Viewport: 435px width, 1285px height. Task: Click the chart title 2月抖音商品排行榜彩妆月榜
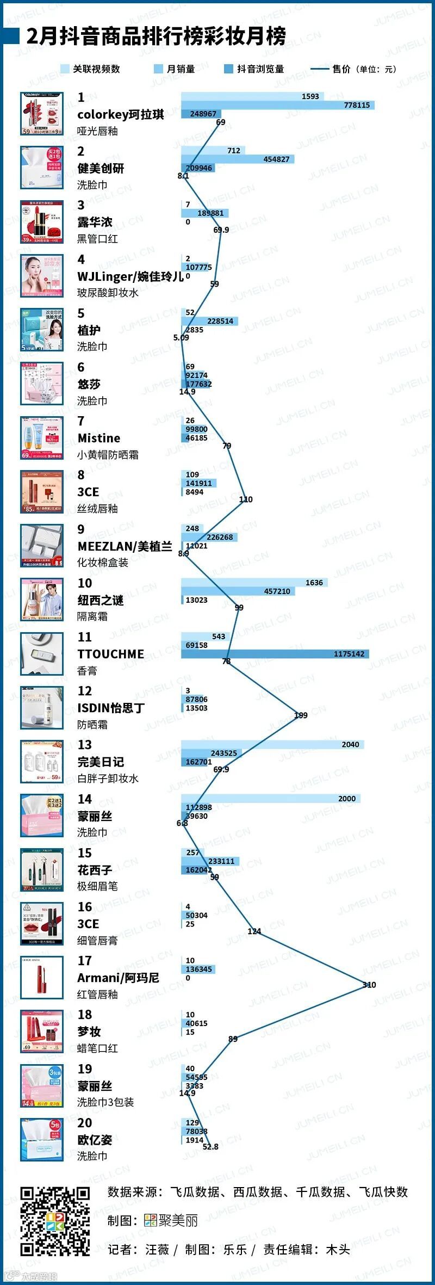coord(156,36)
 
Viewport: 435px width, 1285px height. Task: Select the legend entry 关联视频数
coord(90,69)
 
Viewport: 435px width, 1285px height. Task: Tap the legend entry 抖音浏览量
coord(254,69)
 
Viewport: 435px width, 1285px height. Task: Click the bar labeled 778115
coord(277,105)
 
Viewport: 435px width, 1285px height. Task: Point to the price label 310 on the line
coord(369,985)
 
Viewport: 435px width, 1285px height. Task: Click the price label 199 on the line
coord(301,715)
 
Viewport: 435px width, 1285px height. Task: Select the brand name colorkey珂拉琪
coord(120,114)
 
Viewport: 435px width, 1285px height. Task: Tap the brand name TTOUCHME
coord(110,654)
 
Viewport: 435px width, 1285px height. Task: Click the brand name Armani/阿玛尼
coord(118,978)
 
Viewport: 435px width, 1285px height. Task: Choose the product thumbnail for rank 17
coord(42,978)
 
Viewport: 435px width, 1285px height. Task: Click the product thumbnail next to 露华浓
coord(42,222)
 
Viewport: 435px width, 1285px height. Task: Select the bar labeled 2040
coord(272,744)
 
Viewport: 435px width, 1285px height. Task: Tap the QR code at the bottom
coord(55,1221)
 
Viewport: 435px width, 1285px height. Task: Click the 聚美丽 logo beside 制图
coord(171,1220)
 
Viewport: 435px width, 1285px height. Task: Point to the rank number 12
coord(84,691)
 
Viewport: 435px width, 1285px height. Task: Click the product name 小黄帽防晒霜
coord(108,455)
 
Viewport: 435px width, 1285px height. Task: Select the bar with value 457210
coord(238,591)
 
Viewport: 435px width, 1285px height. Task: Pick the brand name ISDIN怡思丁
coord(111,708)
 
